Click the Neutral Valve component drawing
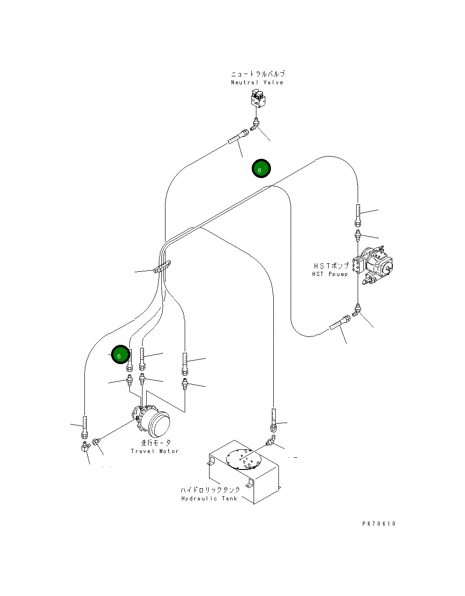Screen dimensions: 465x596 coord(258,98)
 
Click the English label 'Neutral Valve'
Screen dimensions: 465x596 coord(257,82)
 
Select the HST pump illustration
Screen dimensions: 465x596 coord(373,265)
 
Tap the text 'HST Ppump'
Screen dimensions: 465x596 coord(330,274)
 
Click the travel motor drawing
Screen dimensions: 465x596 coord(151,423)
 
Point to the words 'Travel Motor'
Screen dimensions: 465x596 coord(155,451)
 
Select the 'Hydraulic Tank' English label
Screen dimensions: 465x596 coord(209,499)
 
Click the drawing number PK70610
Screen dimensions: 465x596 coord(379,523)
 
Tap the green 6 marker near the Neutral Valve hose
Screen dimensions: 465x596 coord(261,168)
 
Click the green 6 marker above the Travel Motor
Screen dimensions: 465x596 coord(120,354)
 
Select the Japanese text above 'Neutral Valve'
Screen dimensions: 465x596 coord(258,74)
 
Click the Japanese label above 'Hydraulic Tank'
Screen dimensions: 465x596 coord(210,490)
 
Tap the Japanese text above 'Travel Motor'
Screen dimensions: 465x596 coord(156,442)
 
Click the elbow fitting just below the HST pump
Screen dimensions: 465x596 coord(356,310)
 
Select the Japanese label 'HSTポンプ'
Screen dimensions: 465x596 coord(331,266)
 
